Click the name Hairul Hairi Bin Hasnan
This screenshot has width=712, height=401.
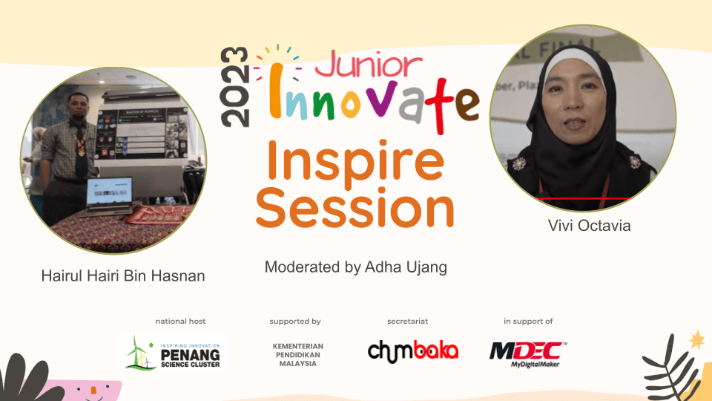pos(123,276)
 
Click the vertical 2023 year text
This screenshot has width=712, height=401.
pos(235,87)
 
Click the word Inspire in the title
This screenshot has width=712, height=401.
pos(355,161)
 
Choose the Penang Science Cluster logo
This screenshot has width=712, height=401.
pos(174,351)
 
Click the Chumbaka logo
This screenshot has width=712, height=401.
pos(413,350)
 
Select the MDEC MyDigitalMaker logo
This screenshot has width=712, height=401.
pos(528,352)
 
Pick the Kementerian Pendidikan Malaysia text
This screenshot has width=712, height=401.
pos(298,355)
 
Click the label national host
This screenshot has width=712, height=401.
pos(180,322)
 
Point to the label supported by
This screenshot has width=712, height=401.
pos(295,322)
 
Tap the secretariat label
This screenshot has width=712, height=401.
pos(408,322)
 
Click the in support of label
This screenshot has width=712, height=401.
pos(528,322)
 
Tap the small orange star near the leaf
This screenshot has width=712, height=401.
pos(696,340)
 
